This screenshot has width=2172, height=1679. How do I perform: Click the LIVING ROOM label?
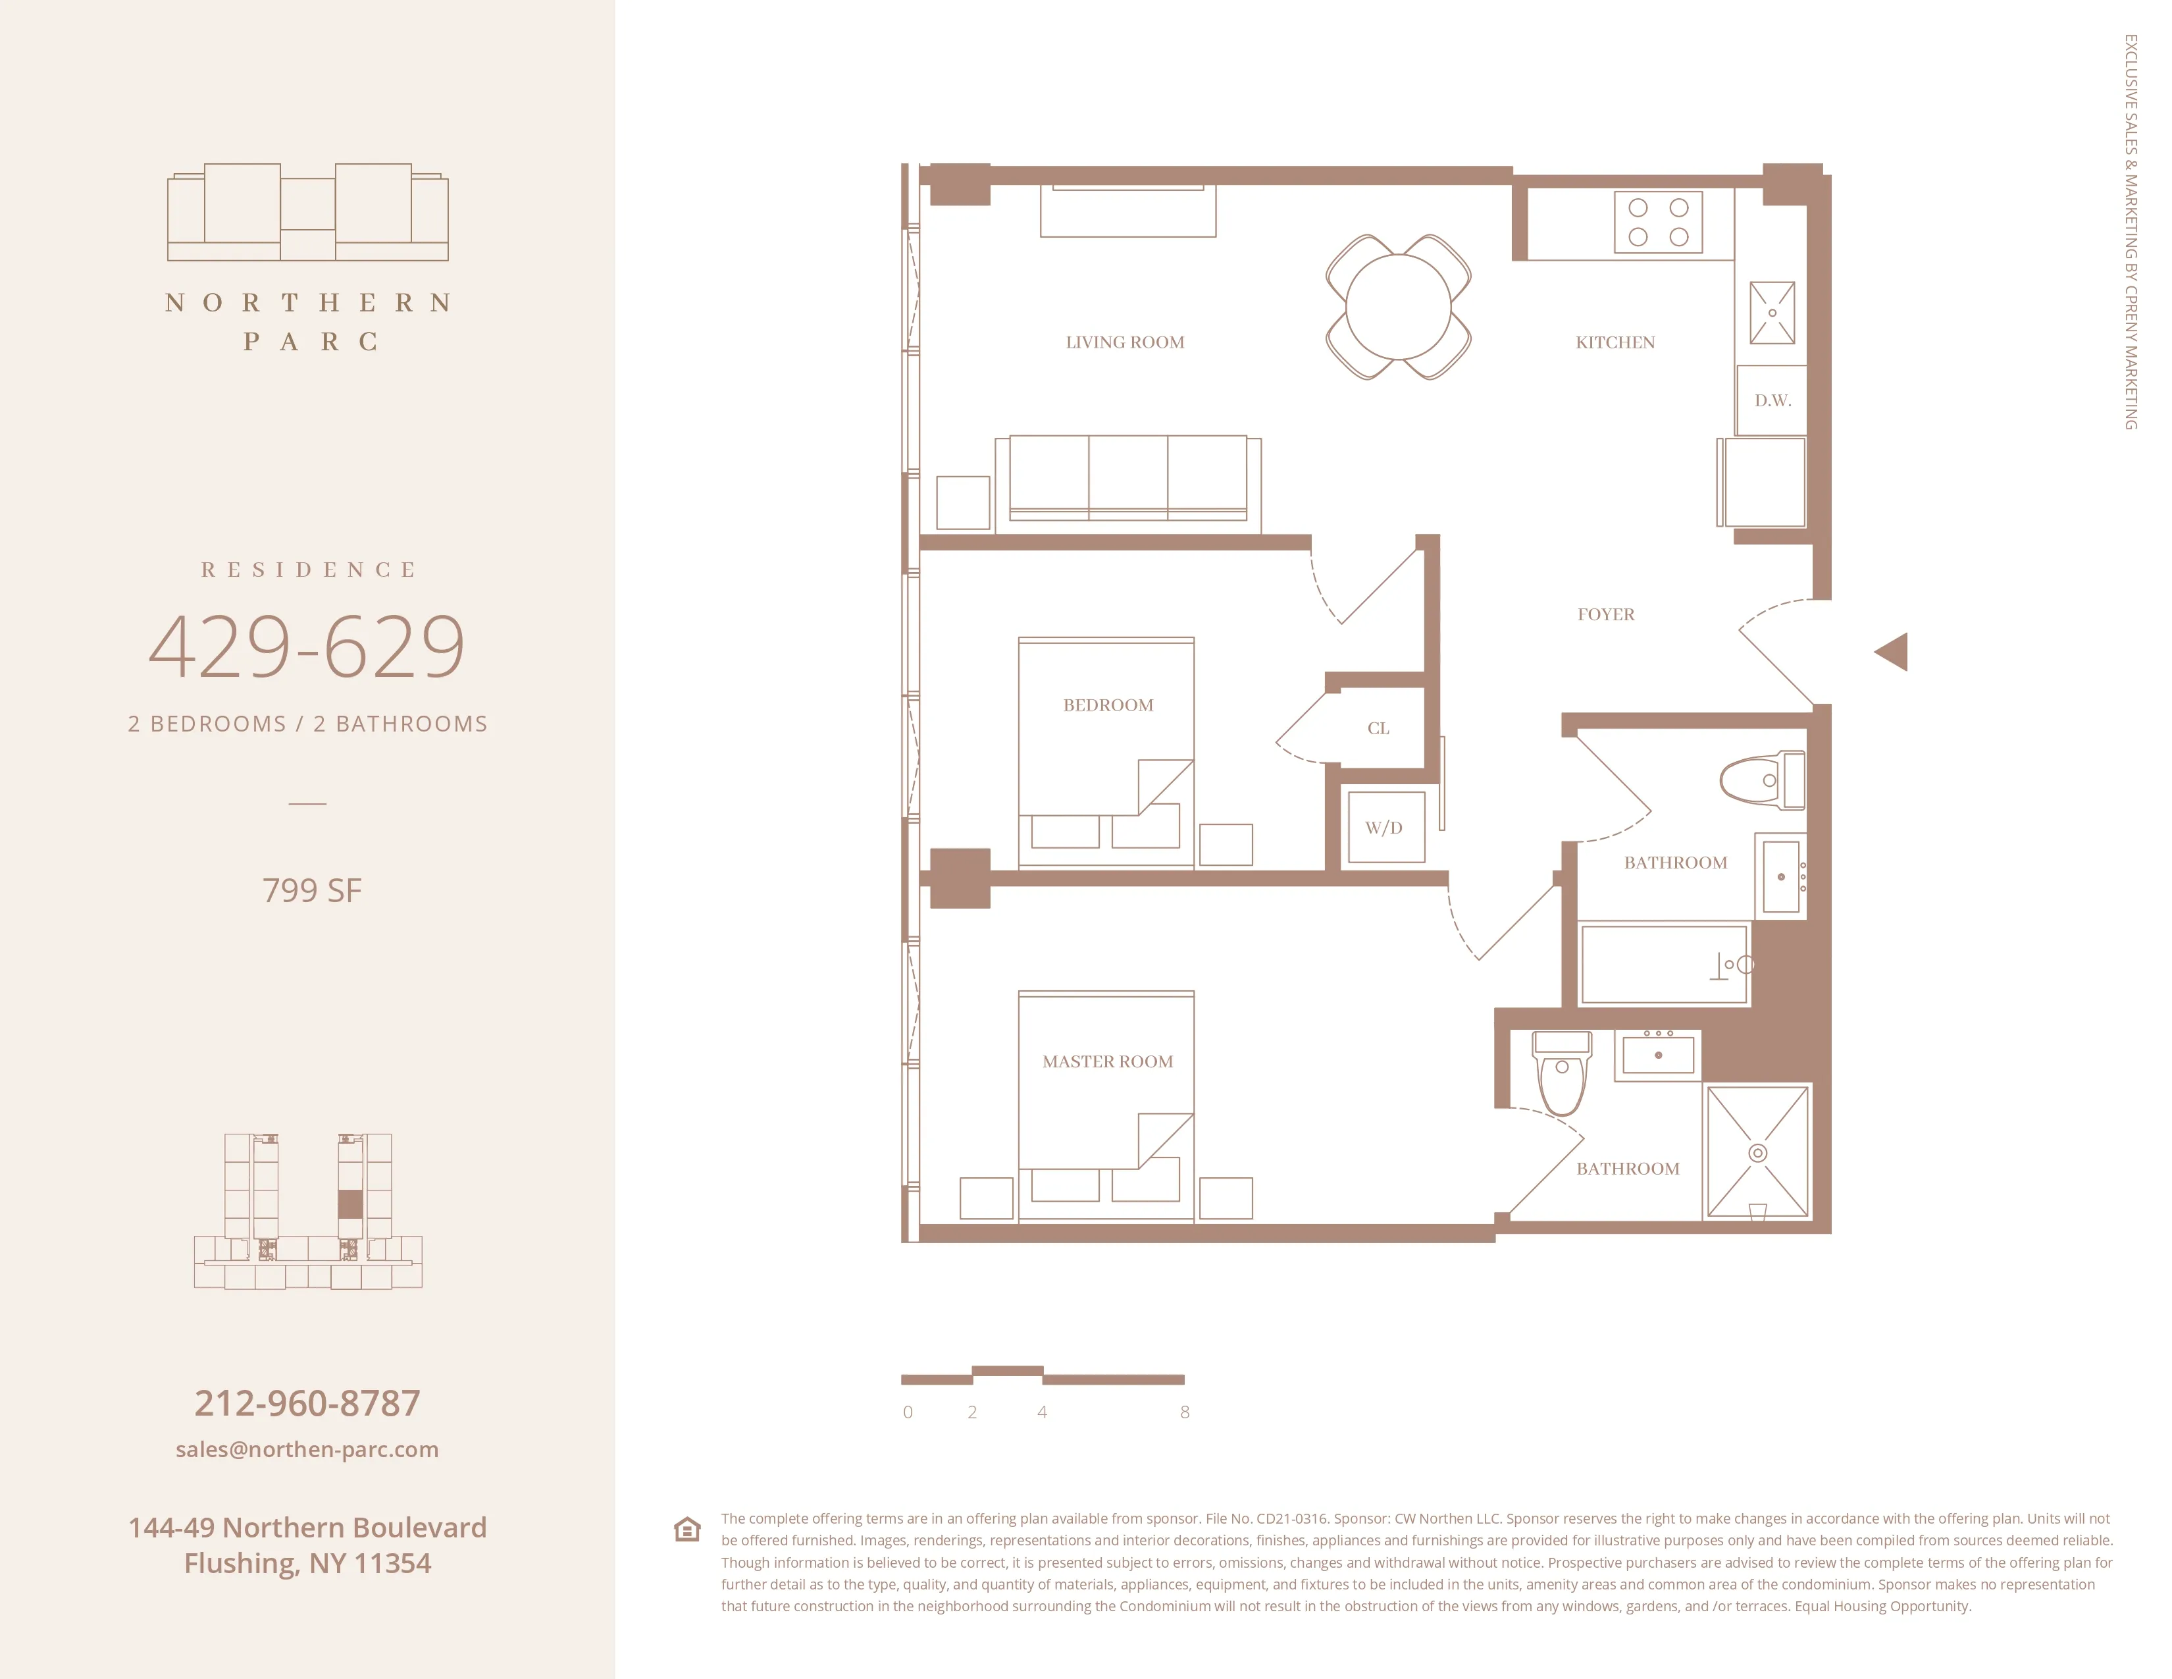pyautogui.click(x=1125, y=342)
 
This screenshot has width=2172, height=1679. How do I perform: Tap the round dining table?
pyautogui.click(x=1397, y=306)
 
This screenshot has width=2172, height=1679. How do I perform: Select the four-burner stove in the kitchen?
pyautogui.click(x=1658, y=222)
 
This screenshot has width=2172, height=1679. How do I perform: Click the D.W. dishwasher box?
pyautogui.click(x=1772, y=400)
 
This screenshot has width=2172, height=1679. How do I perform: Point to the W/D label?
pyautogui.click(x=1383, y=828)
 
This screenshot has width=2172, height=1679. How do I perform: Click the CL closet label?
pyautogui.click(x=1378, y=728)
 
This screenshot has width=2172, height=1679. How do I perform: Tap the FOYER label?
pyautogui.click(x=1605, y=615)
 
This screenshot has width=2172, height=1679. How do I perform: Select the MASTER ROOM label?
pyautogui.click(x=1107, y=1061)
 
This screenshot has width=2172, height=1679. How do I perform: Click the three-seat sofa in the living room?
pyautogui.click(x=1127, y=477)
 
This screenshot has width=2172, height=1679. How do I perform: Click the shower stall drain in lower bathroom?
pyautogui.click(x=1757, y=1153)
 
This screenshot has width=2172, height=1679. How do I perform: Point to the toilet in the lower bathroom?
pyautogui.click(x=1561, y=1075)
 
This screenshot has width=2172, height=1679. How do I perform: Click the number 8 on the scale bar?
pyautogui.click(x=1185, y=1412)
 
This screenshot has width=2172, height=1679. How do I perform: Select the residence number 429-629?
pyautogui.click(x=307, y=647)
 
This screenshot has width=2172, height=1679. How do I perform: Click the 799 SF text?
pyautogui.click(x=311, y=890)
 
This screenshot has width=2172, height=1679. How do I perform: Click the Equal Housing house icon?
pyautogui.click(x=687, y=1529)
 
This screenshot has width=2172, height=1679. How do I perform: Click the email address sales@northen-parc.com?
pyautogui.click(x=307, y=1449)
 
